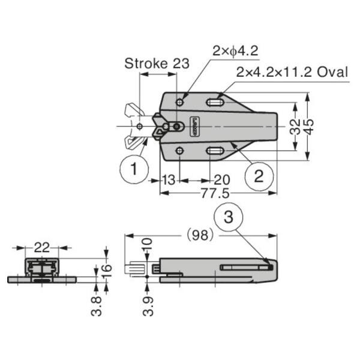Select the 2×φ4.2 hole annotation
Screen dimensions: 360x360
click(x=235, y=52)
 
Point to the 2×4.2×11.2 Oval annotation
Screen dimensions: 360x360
click(x=292, y=73)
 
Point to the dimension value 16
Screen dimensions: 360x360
click(x=107, y=269)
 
